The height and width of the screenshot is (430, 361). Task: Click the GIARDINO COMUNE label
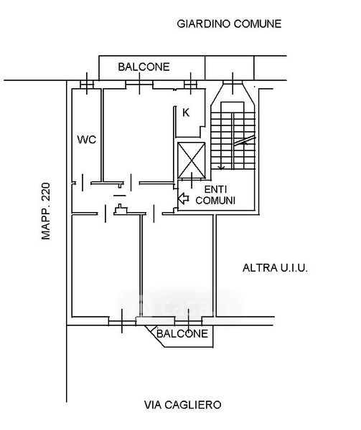point(229,24)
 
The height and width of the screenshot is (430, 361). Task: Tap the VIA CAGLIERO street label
point(183,405)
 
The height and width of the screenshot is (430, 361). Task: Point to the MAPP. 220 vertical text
point(46,211)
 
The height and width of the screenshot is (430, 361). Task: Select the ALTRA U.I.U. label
point(275,267)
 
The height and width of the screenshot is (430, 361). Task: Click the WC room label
point(87,140)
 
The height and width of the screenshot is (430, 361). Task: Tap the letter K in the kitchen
point(186,113)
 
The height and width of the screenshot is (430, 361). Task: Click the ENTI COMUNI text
point(215,195)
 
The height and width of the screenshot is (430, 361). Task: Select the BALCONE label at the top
point(144,67)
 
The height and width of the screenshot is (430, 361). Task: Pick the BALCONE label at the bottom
point(182,333)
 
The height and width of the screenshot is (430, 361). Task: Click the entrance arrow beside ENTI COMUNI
point(184,198)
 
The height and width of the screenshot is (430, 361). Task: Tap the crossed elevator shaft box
point(192,160)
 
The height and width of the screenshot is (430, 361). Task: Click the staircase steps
point(233,140)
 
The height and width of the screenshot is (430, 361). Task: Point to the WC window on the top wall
point(87,85)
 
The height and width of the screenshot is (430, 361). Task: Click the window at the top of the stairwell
point(233,82)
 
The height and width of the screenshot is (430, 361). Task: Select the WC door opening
point(83,183)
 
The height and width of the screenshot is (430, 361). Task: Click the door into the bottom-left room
point(106,213)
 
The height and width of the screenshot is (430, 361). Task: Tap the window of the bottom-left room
point(122,321)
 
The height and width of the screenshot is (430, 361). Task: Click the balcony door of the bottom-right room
point(189,321)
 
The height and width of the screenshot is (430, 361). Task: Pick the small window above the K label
point(190,85)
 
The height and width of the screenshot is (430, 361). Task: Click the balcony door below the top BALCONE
point(139,84)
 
